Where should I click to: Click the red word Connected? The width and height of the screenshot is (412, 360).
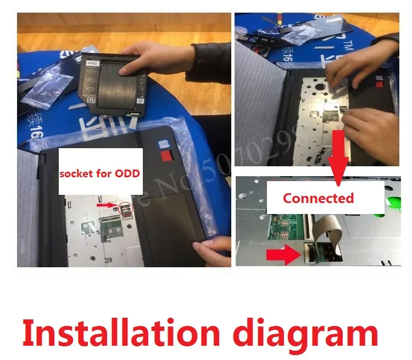[x=318, y=198]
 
